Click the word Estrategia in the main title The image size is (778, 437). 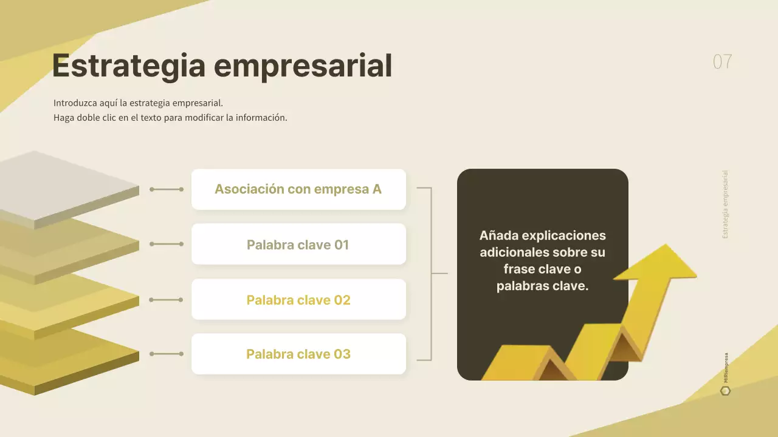tap(128, 66)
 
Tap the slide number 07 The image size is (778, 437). tap(722, 62)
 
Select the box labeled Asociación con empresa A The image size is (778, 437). tap(298, 189)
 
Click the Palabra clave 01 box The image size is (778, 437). tap(298, 245)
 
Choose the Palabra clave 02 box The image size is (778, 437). tap(298, 300)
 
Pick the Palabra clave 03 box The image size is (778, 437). tap(298, 354)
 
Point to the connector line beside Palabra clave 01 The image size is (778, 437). tap(167, 244)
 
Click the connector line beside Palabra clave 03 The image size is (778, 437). tap(167, 354)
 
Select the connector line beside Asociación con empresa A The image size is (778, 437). tap(167, 189)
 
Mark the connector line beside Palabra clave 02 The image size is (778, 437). tap(167, 300)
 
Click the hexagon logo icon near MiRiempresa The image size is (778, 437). tap(725, 391)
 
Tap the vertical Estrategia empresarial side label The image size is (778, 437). tap(725, 205)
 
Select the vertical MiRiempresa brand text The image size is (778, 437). tap(726, 368)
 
